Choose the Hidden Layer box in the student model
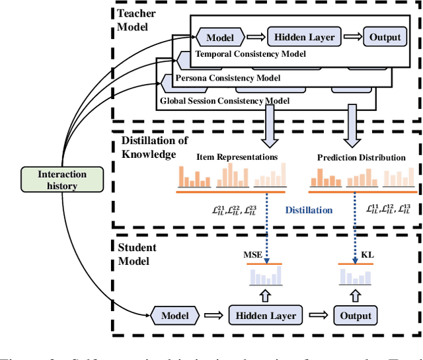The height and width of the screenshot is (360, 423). tap(263, 315)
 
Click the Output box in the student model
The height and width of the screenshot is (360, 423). tap(356, 315)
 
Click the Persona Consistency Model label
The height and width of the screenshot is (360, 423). tap(227, 78)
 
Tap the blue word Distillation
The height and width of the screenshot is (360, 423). tap(309, 210)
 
